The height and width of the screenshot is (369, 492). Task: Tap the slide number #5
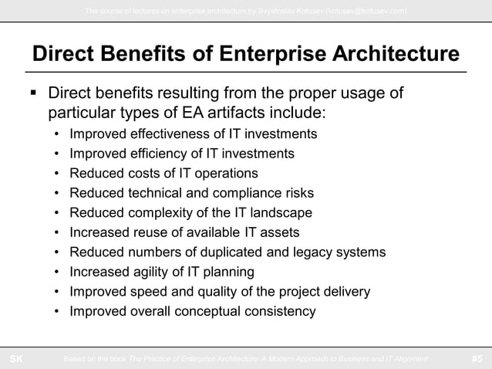point(477,359)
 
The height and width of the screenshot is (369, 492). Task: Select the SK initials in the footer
point(15,359)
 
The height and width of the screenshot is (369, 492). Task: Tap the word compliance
point(237,193)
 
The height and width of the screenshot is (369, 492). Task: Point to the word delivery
point(345,292)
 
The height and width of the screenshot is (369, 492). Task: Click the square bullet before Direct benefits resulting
point(32,94)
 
